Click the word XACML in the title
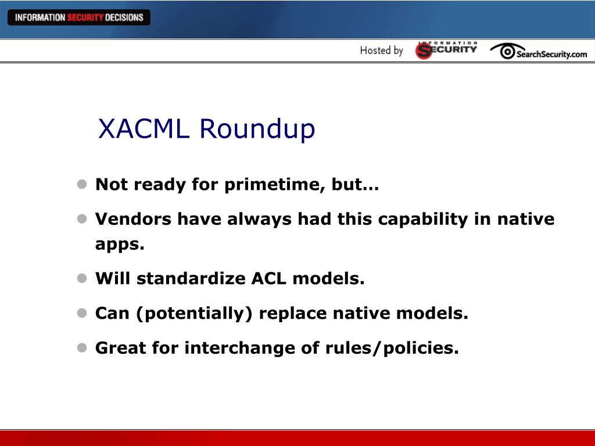(144, 128)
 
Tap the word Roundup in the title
(257, 128)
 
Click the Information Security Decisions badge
(79, 17)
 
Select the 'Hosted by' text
(381, 51)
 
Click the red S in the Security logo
(424, 51)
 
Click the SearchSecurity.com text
(552, 54)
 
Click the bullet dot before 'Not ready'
(82, 184)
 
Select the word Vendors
(133, 219)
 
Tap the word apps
(120, 244)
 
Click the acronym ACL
(269, 278)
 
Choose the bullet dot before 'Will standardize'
(82, 278)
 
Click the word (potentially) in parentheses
(194, 314)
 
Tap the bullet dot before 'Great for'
(82, 348)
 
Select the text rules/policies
(392, 348)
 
